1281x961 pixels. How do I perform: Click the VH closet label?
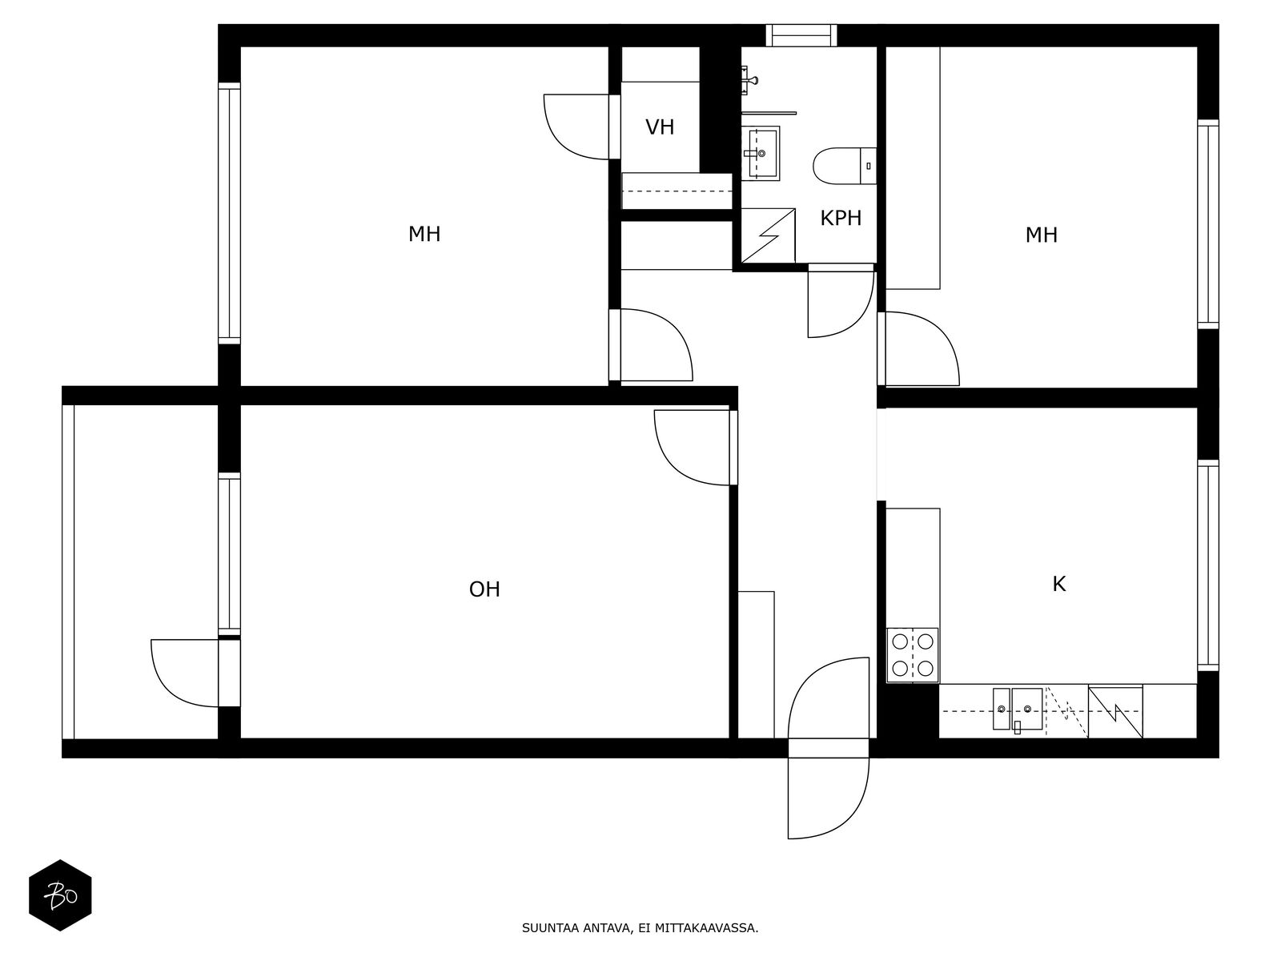660,127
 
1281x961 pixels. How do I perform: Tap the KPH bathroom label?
841,218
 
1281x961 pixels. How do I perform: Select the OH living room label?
484,589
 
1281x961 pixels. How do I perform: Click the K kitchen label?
1059,584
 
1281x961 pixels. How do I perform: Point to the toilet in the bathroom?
845,166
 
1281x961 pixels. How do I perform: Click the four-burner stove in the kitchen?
913,654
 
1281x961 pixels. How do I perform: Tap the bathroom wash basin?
761,154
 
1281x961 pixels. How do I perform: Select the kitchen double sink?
1018,709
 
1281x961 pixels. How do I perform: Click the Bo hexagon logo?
60,895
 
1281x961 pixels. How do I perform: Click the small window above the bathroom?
801,35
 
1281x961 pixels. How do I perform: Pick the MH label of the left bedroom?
424,235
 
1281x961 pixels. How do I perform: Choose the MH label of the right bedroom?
1041,235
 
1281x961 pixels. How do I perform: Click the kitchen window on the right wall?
1208,565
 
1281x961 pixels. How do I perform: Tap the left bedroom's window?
229,214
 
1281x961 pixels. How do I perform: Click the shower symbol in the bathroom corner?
768,235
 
